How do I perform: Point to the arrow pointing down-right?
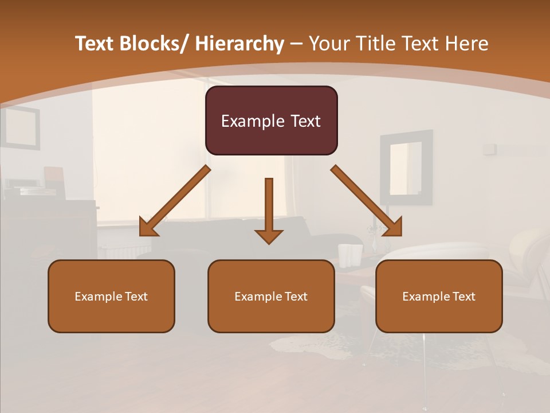pyautogui.click(x=367, y=201)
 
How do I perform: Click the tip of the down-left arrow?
pyautogui.click(x=141, y=235)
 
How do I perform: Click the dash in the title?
pyautogui.click(x=296, y=44)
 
